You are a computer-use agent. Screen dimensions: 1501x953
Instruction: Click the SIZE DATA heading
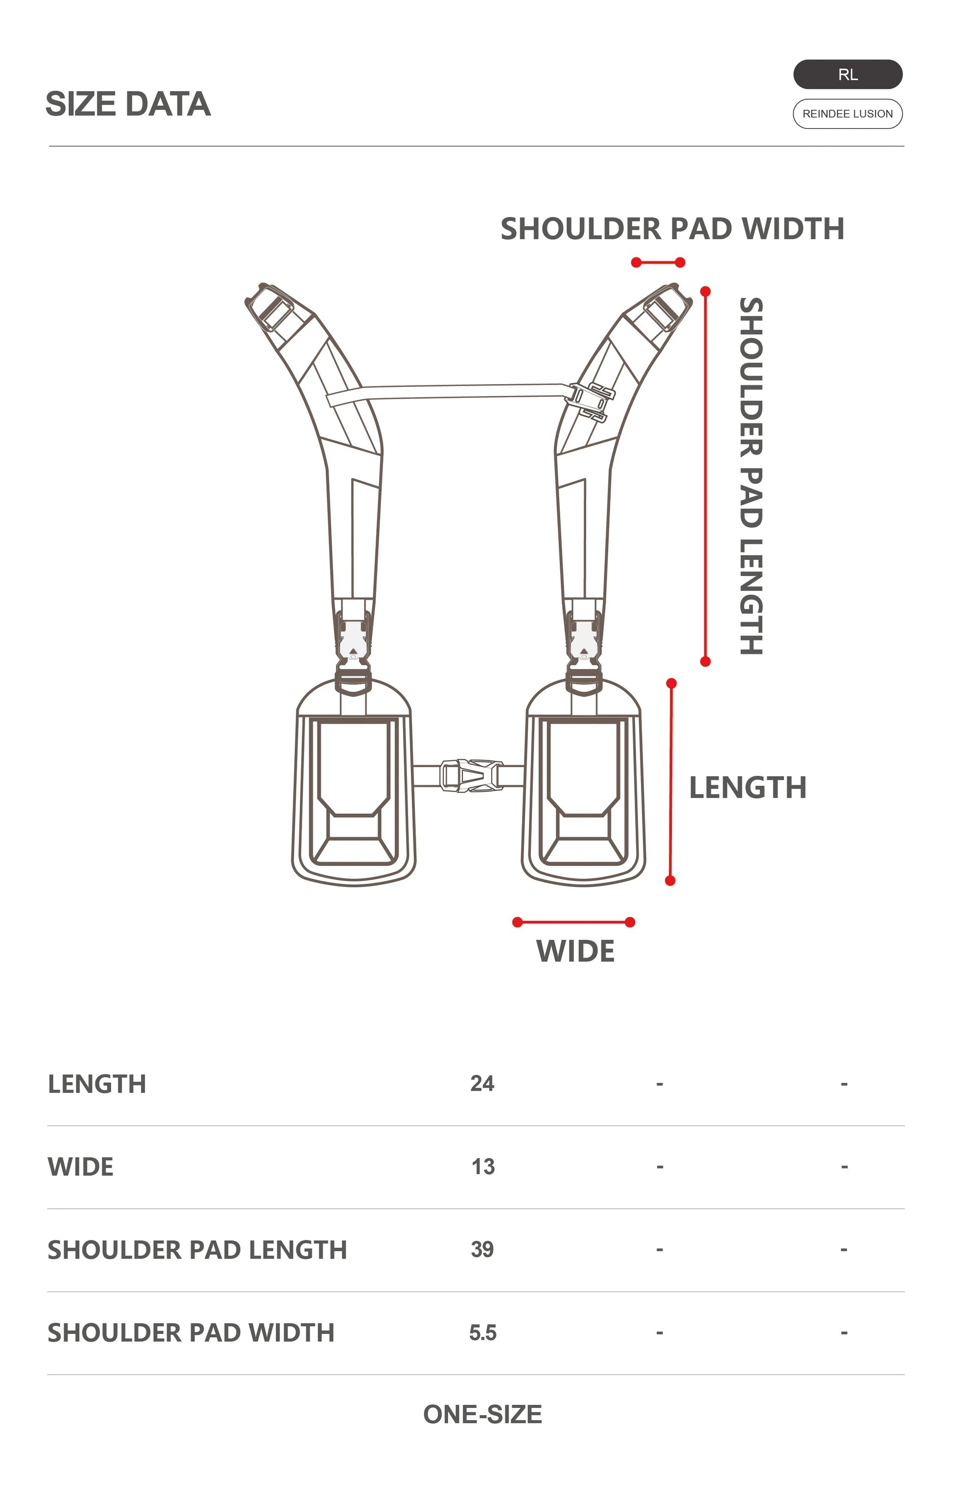point(128,104)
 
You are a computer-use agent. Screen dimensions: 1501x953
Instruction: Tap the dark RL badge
point(847,75)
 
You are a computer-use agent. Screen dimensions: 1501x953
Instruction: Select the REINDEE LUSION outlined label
point(847,114)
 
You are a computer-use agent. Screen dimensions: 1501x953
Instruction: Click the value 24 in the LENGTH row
point(482,1083)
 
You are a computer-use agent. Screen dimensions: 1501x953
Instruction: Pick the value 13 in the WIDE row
point(482,1166)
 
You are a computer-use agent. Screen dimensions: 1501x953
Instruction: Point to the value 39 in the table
point(482,1249)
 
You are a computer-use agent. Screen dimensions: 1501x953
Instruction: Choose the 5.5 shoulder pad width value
point(482,1332)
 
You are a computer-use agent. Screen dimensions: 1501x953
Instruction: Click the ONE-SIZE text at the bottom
point(482,1414)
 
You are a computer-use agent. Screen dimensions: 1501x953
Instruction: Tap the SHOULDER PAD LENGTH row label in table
point(197,1250)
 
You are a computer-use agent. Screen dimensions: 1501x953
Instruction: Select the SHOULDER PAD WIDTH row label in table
point(191,1332)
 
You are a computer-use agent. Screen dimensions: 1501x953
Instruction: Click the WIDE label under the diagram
point(575,951)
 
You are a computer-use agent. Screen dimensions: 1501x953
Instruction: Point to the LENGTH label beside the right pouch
point(747,787)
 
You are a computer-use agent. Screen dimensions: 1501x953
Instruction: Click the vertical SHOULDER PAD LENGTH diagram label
point(751,476)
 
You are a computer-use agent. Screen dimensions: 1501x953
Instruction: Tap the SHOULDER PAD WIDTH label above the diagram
point(672,229)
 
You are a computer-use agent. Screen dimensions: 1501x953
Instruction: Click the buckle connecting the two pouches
point(471,775)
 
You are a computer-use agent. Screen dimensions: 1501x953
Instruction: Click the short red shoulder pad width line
point(658,263)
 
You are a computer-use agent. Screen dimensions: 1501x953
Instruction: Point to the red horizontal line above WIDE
point(573,922)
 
